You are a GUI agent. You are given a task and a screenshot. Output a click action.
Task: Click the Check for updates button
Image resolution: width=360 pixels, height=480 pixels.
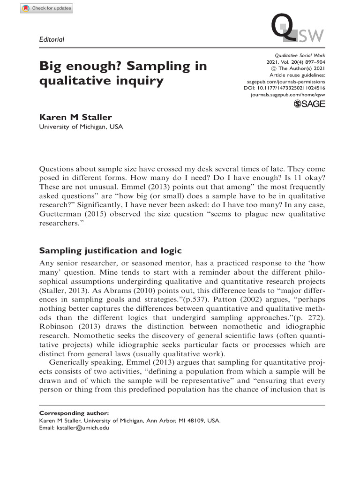tap(46, 8)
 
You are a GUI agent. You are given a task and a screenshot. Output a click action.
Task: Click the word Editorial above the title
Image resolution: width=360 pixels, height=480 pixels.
tap(52, 39)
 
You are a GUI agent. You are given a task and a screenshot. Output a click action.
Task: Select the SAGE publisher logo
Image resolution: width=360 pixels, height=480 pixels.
tap(309, 104)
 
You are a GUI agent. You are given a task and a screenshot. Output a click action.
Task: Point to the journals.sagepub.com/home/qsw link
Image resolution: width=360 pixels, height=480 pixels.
tap(288, 94)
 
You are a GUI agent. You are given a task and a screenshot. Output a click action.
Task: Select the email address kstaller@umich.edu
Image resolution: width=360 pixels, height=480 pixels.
tap(82, 427)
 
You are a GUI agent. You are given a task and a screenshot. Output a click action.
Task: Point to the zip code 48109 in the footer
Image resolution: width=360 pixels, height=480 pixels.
tap(196, 420)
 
